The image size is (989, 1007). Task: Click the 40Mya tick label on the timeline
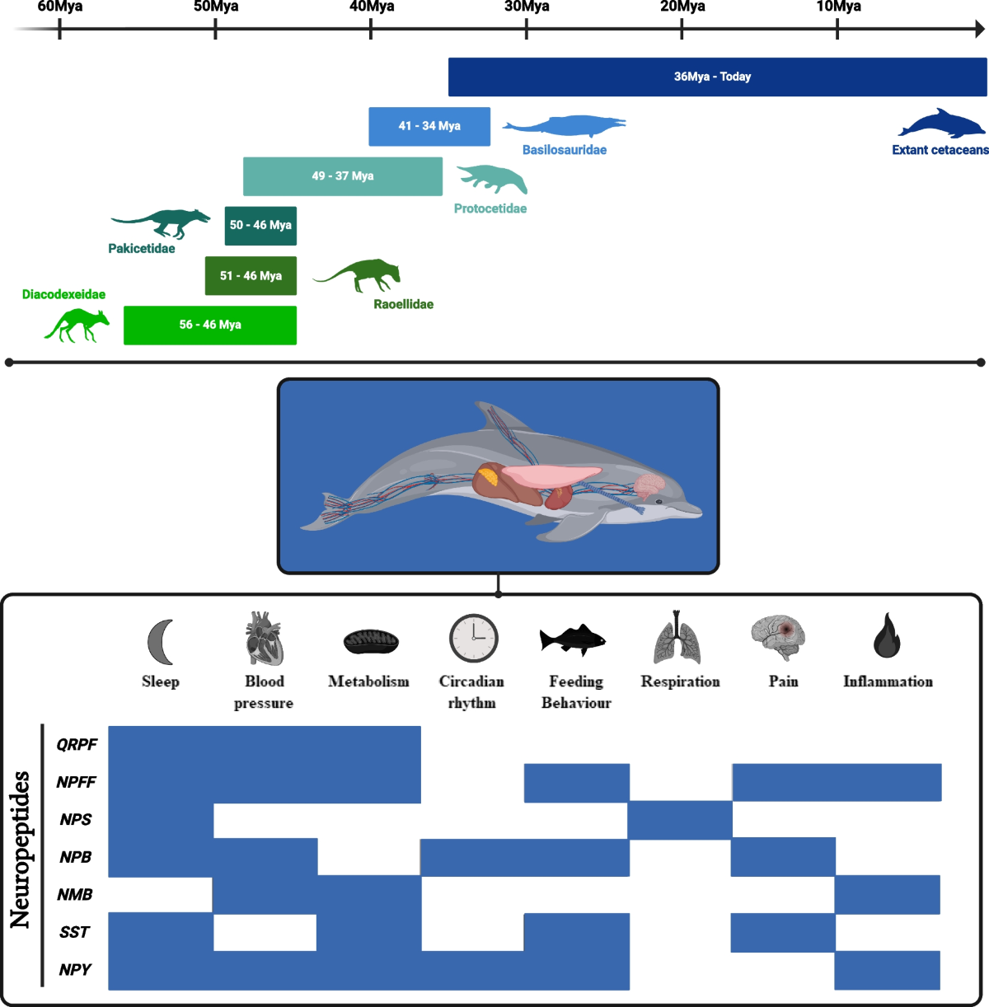[372, 7]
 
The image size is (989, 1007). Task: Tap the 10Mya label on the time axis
[838, 7]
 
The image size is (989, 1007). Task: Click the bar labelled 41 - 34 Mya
[429, 126]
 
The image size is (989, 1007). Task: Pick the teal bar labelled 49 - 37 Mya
[343, 176]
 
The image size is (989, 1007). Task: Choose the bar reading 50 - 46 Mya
[260, 225]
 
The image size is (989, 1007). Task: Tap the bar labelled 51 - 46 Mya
[251, 276]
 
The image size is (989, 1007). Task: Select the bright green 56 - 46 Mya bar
[210, 325]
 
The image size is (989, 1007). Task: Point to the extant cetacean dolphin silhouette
[941, 124]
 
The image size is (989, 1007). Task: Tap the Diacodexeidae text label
[63, 294]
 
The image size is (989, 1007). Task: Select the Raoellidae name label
[403, 304]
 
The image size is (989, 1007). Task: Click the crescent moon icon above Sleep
[161, 641]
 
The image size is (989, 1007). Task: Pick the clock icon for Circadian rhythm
[474, 639]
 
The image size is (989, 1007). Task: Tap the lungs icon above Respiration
[677, 639]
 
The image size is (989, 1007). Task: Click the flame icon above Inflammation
[887, 635]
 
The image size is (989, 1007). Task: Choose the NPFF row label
[77, 782]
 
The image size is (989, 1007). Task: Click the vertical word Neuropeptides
[20, 849]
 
